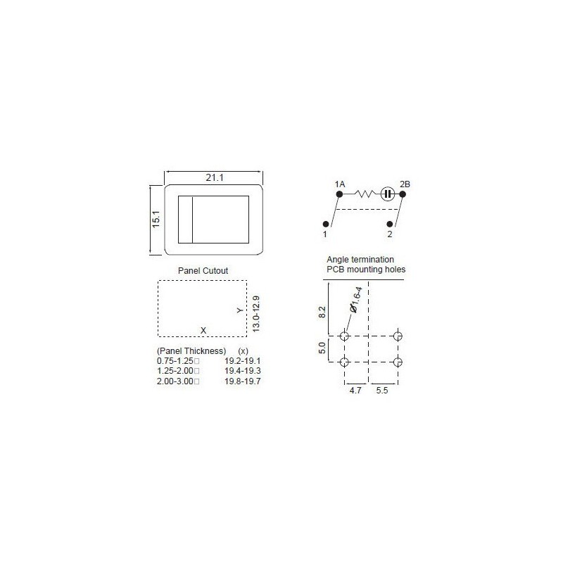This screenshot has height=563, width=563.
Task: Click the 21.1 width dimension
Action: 215,178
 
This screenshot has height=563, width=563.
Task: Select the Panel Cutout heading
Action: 204,270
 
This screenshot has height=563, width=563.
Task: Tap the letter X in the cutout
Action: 203,330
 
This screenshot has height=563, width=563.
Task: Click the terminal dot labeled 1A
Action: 339,194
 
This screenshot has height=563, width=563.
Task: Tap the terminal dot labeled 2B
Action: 402,194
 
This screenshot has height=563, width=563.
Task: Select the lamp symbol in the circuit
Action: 387,194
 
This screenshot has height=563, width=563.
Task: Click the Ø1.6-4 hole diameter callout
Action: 356,299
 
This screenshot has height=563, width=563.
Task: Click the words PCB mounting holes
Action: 365,269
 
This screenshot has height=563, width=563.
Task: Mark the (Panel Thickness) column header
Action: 191,350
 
